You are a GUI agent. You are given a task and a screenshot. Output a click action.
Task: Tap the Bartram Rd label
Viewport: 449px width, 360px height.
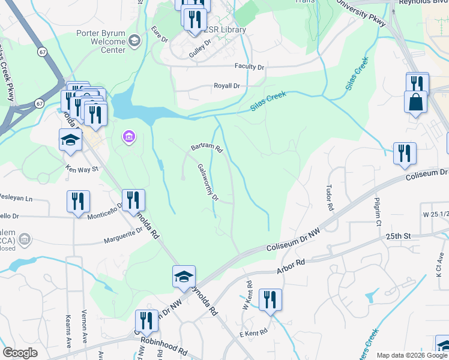click(x=207, y=147)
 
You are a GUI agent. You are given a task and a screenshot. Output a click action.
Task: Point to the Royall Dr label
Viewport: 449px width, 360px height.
click(x=227, y=86)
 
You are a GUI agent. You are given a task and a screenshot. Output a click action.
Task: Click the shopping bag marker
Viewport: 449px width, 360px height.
click(x=415, y=104)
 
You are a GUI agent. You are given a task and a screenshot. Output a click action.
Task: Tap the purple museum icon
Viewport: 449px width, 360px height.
click(x=128, y=138)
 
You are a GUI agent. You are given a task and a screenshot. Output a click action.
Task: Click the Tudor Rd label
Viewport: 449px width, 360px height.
click(x=329, y=197)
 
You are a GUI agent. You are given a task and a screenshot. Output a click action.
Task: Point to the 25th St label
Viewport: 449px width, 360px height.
click(x=397, y=236)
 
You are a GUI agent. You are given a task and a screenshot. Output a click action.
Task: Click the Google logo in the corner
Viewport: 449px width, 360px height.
click(x=20, y=353)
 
